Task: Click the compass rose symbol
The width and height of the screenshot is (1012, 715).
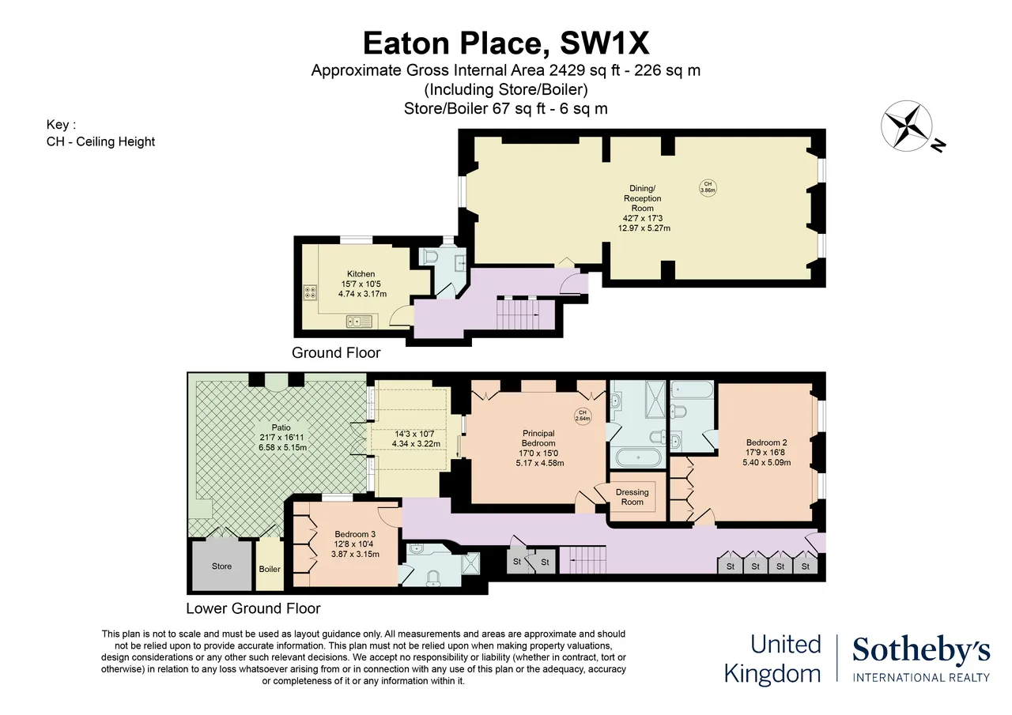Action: [x=906, y=126]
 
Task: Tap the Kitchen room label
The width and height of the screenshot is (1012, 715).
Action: [x=361, y=274]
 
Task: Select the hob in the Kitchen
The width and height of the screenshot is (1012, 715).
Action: [x=311, y=292]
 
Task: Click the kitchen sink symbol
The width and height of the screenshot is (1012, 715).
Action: [x=359, y=322]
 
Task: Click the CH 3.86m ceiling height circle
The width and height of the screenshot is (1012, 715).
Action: [x=708, y=187]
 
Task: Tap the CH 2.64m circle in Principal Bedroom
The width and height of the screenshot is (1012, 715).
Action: [x=583, y=416]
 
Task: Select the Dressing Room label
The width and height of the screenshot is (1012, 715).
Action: [x=632, y=497]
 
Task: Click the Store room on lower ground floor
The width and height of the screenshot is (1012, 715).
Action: [x=222, y=566]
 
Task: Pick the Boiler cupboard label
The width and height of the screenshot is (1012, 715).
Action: [x=270, y=569]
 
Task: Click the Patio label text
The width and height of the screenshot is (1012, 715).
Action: [x=281, y=427]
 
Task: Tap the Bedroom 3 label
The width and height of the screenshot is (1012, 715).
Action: [x=355, y=534]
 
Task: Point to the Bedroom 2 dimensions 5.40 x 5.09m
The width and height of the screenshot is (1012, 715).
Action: [x=767, y=463]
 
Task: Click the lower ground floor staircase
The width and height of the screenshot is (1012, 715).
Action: [x=583, y=559]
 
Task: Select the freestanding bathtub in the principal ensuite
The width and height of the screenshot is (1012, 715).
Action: [x=638, y=457]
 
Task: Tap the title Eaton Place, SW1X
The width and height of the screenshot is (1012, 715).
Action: [x=506, y=43]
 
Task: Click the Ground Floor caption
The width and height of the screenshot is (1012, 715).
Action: [x=336, y=352]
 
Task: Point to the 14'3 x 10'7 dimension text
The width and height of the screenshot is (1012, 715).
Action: [x=414, y=435]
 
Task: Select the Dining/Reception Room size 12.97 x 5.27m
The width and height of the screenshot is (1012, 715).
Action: [x=644, y=228]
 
